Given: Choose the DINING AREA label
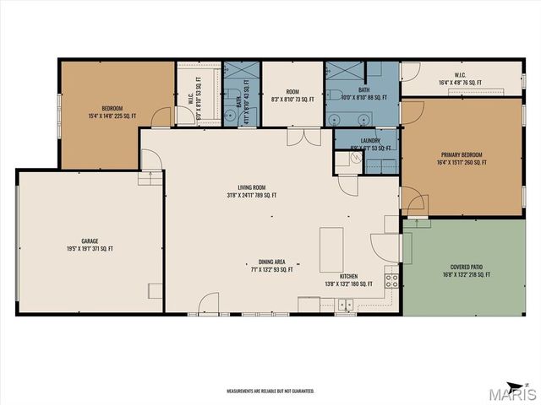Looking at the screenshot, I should [x=271, y=266].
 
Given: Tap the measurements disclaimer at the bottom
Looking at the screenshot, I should [x=270, y=391].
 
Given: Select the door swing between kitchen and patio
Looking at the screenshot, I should [x=385, y=246].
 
